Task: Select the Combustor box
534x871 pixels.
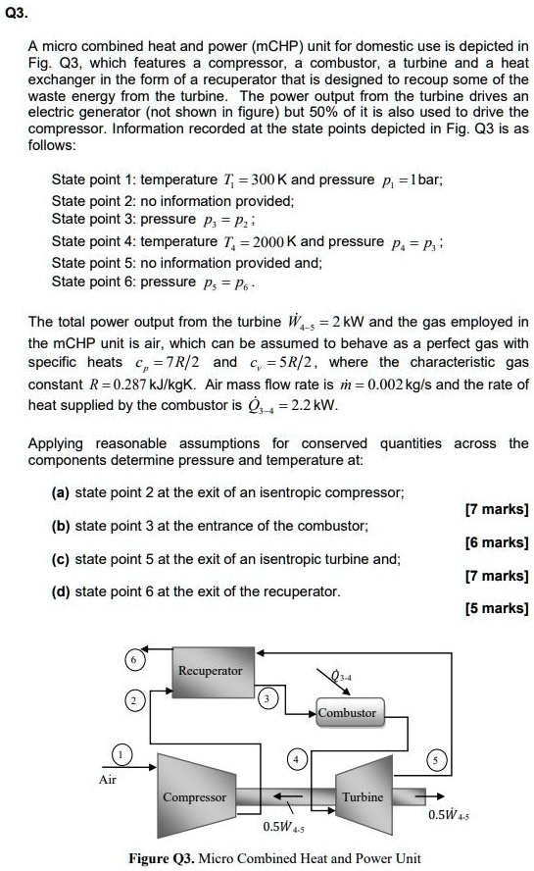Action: tap(347, 712)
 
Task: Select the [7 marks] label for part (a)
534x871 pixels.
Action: tap(499, 509)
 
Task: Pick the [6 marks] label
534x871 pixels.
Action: tap(499, 541)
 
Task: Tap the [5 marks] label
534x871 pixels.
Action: tap(499, 608)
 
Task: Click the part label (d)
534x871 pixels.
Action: tap(62, 591)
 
